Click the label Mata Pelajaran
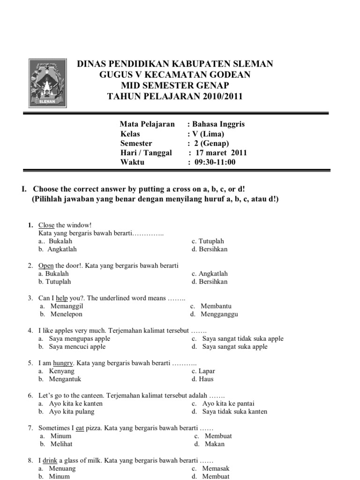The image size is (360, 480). tap(147, 124)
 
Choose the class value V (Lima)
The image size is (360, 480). tap(208, 134)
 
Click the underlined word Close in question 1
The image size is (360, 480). tap(46, 225)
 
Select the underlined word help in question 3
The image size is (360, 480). tap(62, 298)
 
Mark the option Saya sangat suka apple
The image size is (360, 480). tap(235, 346)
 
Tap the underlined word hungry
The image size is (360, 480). tap(63, 363)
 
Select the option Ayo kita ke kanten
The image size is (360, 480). tap(75, 403)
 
